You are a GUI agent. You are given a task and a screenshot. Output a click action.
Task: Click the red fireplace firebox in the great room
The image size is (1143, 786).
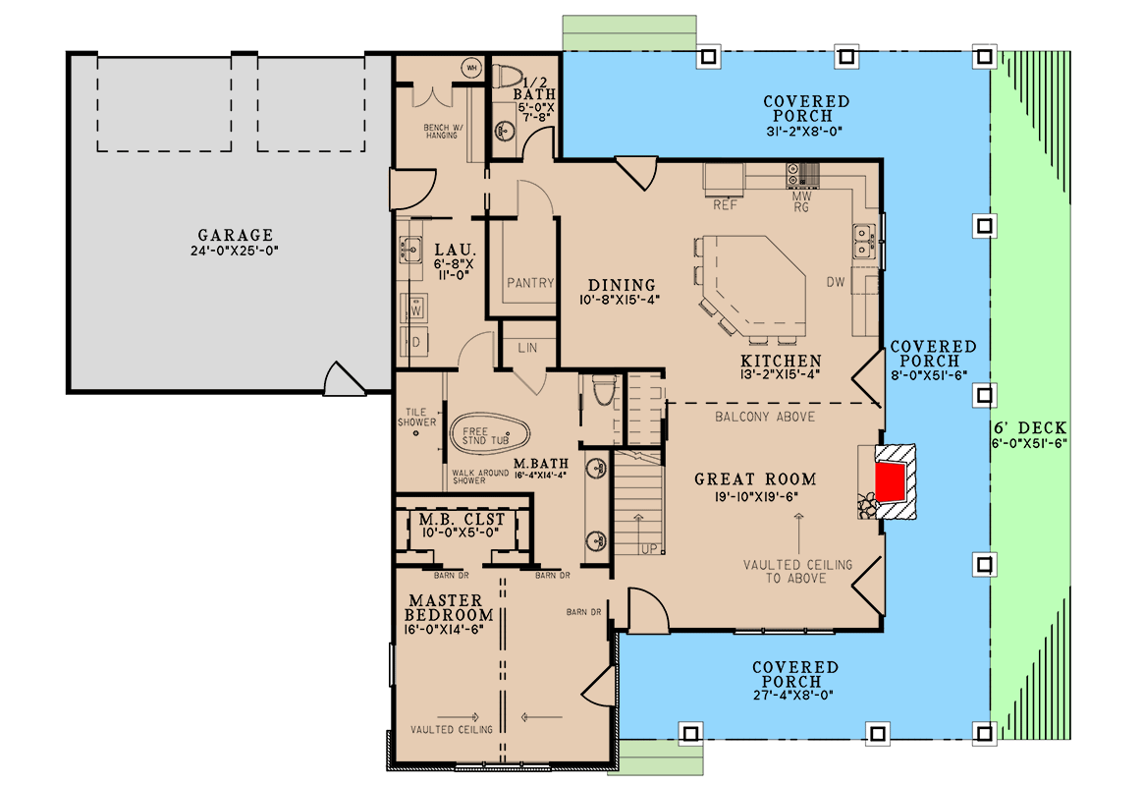(x=890, y=482)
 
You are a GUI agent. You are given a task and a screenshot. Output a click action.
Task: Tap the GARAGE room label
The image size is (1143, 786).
(x=236, y=235)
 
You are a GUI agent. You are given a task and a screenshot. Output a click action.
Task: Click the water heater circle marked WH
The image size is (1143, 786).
(x=472, y=68)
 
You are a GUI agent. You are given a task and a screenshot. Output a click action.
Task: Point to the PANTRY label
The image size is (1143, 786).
(x=530, y=283)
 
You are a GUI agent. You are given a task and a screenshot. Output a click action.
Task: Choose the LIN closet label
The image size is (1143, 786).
(x=527, y=348)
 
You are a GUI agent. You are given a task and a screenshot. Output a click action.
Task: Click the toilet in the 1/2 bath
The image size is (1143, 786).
(x=508, y=77)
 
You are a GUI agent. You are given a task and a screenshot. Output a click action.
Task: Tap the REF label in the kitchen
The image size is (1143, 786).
(x=726, y=205)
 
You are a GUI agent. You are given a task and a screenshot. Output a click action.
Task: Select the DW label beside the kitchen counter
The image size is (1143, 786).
(x=836, y=282)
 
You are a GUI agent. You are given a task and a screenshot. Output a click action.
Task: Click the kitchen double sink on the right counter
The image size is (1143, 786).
(x=864, y=242)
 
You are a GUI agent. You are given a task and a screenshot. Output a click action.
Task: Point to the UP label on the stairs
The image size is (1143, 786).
(x=649, y=549)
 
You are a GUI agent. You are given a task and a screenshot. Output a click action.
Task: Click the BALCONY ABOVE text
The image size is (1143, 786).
(x=765, y=417)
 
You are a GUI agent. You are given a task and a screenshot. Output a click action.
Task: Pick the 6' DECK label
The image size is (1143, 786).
(x=1030, y=428)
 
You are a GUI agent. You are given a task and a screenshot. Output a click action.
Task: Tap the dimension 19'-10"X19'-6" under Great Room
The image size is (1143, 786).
(x=757, y=497)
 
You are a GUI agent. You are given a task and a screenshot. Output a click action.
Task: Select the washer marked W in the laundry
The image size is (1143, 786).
(x=414, y=309)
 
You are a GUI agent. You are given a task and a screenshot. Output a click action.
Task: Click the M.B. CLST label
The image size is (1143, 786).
(x=462, y=519)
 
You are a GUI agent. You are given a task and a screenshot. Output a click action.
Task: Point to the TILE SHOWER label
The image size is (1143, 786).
(x=417, y=417)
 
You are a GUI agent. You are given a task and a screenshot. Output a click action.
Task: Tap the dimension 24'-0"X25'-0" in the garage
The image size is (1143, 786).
(x=235, y=251)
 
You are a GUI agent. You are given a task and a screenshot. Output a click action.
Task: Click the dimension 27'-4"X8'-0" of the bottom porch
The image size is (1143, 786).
(x=793, y=696)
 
